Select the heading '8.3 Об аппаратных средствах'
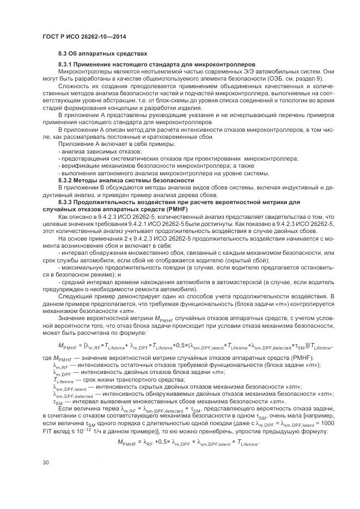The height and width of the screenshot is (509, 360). (102, 54)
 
